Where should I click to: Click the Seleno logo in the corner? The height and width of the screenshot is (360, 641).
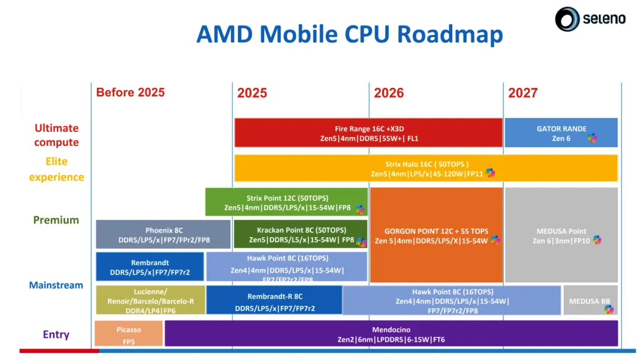(x=590, y=19)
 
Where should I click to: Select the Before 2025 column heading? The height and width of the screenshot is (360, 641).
(x=130, y=93)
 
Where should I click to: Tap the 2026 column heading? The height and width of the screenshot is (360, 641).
(x=389, y=93)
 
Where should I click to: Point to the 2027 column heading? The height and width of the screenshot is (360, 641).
(x=523, y=93)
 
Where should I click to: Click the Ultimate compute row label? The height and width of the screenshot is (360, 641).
(x=56, y=135)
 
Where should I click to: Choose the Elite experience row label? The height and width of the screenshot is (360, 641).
(x=56, y=169)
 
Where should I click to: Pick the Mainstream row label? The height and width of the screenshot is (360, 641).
(x=56, y=285)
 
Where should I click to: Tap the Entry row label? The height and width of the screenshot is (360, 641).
(x=56, y=334)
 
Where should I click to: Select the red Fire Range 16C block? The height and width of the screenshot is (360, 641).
(x=368, y=133)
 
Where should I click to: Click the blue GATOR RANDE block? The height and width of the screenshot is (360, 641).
(x=560, y=133)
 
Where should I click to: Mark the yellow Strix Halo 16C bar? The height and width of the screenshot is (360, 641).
(x=426, y=168)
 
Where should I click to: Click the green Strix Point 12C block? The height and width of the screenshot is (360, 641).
(x=287, y=202)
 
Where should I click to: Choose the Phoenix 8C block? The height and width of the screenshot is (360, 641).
(x=163, y=234)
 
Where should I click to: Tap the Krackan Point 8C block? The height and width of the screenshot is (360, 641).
(x=300, y=234)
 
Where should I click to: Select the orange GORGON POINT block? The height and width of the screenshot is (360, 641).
(x=436, y=235)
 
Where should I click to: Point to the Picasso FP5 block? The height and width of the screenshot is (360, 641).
(x=128, y=333)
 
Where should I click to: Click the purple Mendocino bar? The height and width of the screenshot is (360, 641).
(x=391, y=333)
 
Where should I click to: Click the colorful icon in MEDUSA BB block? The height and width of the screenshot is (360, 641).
(x=608, y=309)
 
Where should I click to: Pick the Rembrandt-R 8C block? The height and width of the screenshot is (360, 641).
(x=274, y=301)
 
